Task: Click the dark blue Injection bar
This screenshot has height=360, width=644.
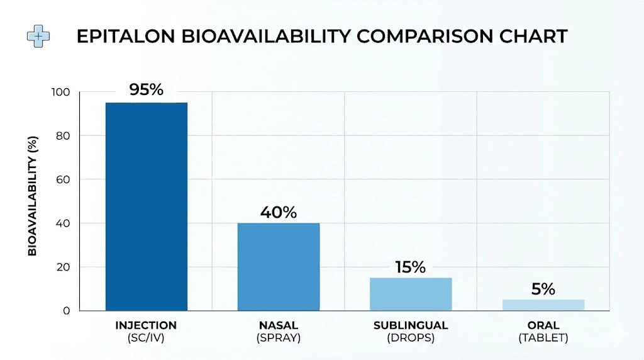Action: coord(146,206)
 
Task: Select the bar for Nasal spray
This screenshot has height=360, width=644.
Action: coord(278,267)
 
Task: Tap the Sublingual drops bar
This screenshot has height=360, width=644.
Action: coord(410,294)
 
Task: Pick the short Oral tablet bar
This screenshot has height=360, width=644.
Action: coord(543,305)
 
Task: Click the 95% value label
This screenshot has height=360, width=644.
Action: coord(146,89)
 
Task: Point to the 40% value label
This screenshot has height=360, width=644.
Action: coord(278,212)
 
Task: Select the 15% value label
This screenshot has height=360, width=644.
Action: coord(410,267)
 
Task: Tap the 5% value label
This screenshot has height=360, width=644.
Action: coord(543,289)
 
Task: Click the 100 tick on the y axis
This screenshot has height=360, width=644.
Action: coord(61,93)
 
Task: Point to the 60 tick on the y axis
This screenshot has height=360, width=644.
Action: coord(64,179)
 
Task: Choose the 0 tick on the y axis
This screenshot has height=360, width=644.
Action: coord(65,310)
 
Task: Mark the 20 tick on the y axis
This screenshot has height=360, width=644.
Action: coord(64,267)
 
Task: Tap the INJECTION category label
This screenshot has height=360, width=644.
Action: coord(146,325)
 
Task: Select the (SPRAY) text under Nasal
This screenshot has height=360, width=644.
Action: coord(278,338)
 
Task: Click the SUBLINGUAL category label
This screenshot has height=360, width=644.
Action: coord(410,325)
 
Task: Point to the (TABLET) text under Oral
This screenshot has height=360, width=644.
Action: coord(543,338)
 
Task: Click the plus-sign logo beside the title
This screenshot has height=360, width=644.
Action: coord(38,36)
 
